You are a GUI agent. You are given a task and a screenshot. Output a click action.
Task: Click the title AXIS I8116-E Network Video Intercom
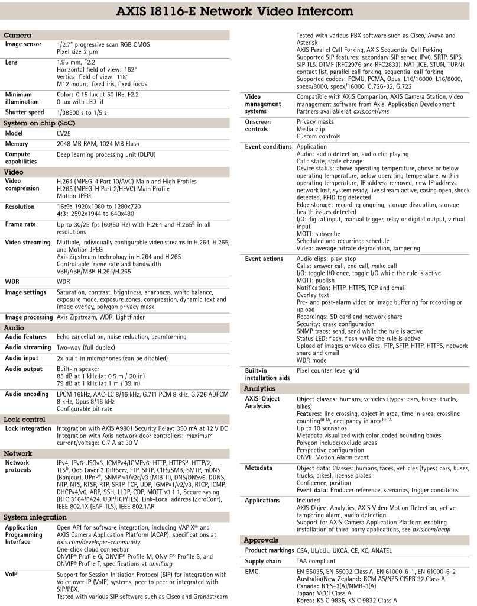coord(238,12)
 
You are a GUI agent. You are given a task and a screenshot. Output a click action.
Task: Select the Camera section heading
coord(18,36)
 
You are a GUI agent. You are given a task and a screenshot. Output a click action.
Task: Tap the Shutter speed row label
coord(24,112)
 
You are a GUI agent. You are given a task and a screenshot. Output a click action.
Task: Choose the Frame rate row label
coord(21,225)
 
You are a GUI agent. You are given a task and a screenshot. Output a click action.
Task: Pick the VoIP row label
coord(13,575)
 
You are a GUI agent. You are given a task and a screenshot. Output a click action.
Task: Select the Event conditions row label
coord(268,146)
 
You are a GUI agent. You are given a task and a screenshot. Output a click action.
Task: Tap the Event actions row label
coord(264,259)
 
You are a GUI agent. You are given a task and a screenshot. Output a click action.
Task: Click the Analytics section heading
coord(260,388)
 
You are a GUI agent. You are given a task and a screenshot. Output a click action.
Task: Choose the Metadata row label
coord(259,468)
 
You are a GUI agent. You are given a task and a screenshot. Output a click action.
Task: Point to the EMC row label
coord(252,571)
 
